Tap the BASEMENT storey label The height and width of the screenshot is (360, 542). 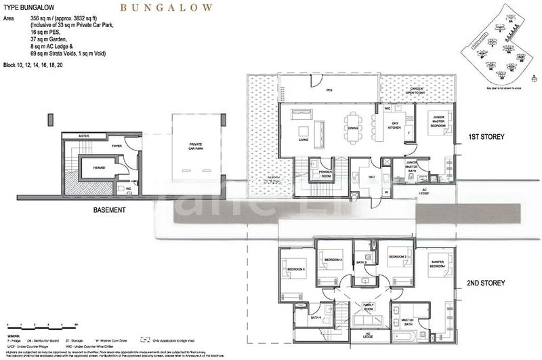pyautogui.click(x=109, y=210)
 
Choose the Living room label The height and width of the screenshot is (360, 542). pyautogui.click(x=304, y=140)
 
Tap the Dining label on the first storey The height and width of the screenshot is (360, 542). pyautogui.click(x=353, y=127)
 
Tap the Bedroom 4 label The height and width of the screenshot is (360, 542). pyautogui.click(x=333, y=260)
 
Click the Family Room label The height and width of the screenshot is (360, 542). pyautogui.click(x=369, y=306)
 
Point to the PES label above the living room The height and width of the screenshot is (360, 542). pyautogui.click(x=329, y=89)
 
